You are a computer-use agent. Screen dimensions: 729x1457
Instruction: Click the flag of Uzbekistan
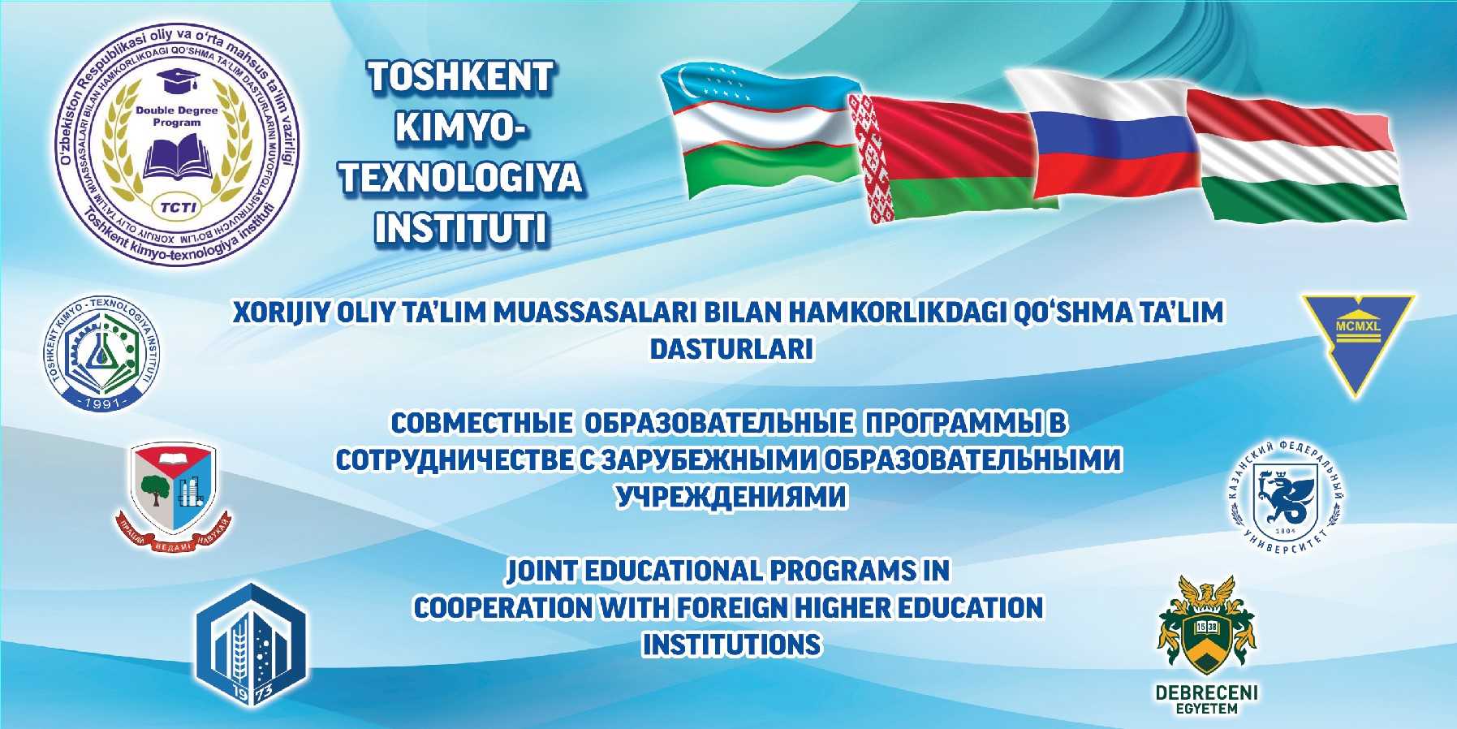click(x=759, y=130)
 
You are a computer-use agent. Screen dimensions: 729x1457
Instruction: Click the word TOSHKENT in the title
click(x=461, y=78)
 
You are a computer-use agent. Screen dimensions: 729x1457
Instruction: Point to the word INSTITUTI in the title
click(x=461, y=228)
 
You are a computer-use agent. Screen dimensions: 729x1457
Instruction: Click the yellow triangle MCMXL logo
click(x=1358, y=337)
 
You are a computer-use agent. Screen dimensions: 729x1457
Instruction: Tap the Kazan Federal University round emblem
click(x=1284, y=496)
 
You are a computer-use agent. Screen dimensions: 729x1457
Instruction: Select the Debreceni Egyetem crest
click(x=1206, y=628)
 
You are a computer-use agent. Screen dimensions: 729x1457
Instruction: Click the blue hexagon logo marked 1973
click(x=251, y=646)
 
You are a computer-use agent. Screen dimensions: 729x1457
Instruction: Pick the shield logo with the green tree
click(x=173, y=491)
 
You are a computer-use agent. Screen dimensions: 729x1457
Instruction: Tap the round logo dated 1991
click(x=102, y=353)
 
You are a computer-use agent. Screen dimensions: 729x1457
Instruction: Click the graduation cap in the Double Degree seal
click(x=175, y=82)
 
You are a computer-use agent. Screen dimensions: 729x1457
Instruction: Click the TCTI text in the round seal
click(x=177, y=206)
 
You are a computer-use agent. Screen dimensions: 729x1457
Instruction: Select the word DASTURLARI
click(x=731, y=349)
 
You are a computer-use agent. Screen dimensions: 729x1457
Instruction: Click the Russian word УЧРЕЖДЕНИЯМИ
click(x=731, y=496)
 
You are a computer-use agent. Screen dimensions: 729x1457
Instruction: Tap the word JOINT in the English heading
click(x=541, y=571)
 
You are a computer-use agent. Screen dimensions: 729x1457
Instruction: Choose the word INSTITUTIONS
click(x=731, y=645)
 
